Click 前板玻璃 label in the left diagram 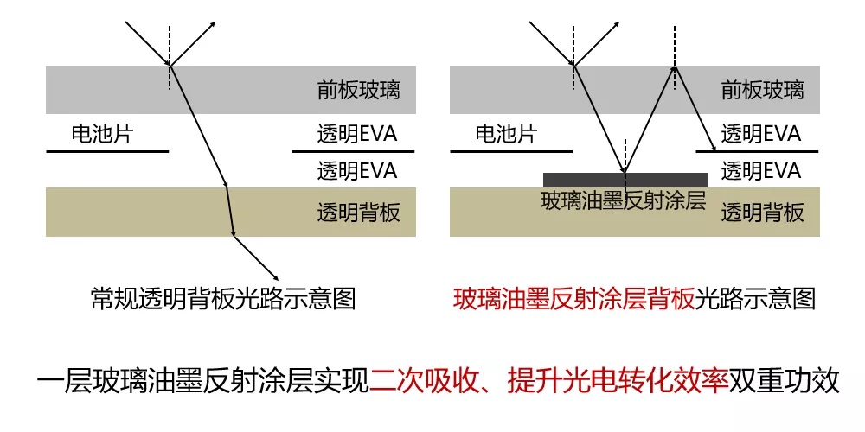(x=358, y=90)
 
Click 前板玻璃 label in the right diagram (x=762, y=90)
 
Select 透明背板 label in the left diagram (x=358, y=213)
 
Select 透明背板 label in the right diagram (x=762, y=213)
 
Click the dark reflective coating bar (x=625, y=181)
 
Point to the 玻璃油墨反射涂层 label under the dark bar (x=624, y=201)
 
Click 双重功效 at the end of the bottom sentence (x=784, y=382)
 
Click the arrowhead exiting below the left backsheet (x=274, y=276)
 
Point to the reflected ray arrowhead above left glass (x=213, y=25)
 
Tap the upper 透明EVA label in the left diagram (x=357, y=134)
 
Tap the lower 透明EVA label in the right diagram (x=760, y=171)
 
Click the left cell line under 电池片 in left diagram (x=107, y=151)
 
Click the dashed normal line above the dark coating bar (x=625, y=156)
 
